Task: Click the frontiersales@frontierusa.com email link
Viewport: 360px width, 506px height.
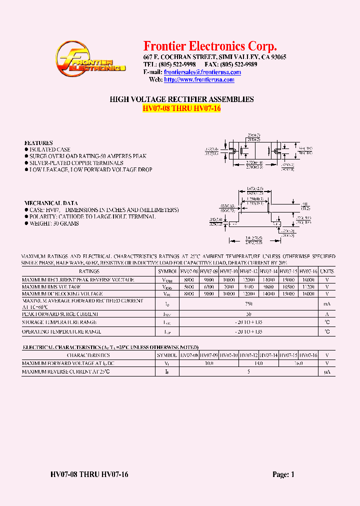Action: (x=202, y=72)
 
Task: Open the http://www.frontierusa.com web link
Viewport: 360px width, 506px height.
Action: (x=199, y=80)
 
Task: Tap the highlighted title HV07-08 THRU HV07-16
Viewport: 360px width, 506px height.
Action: (x=181, y=109)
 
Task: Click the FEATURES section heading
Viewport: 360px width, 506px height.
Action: (x=38, y=143)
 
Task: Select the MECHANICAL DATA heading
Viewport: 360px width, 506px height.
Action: (x=51, y=203)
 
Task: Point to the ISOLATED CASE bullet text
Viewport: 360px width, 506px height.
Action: (x=49, y=149)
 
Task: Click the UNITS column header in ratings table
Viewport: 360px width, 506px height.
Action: (x=327, y=271)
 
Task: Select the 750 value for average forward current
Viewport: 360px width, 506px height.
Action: (x=249, y=304)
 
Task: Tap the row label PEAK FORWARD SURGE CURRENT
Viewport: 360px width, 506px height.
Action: (x=60, y=314)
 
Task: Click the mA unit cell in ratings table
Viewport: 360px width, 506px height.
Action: (x=327, y=304)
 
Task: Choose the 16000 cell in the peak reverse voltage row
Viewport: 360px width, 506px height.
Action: (x=308, y=279)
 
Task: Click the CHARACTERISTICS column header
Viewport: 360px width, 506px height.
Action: (x=89, y=355)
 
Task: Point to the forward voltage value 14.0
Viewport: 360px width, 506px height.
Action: (x=258, y=363)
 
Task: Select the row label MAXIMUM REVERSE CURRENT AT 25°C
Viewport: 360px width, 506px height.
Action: (x=66, y=372)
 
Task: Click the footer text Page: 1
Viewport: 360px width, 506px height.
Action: (x=283, y=474)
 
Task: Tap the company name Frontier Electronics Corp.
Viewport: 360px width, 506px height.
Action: (x=210, y=46)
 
